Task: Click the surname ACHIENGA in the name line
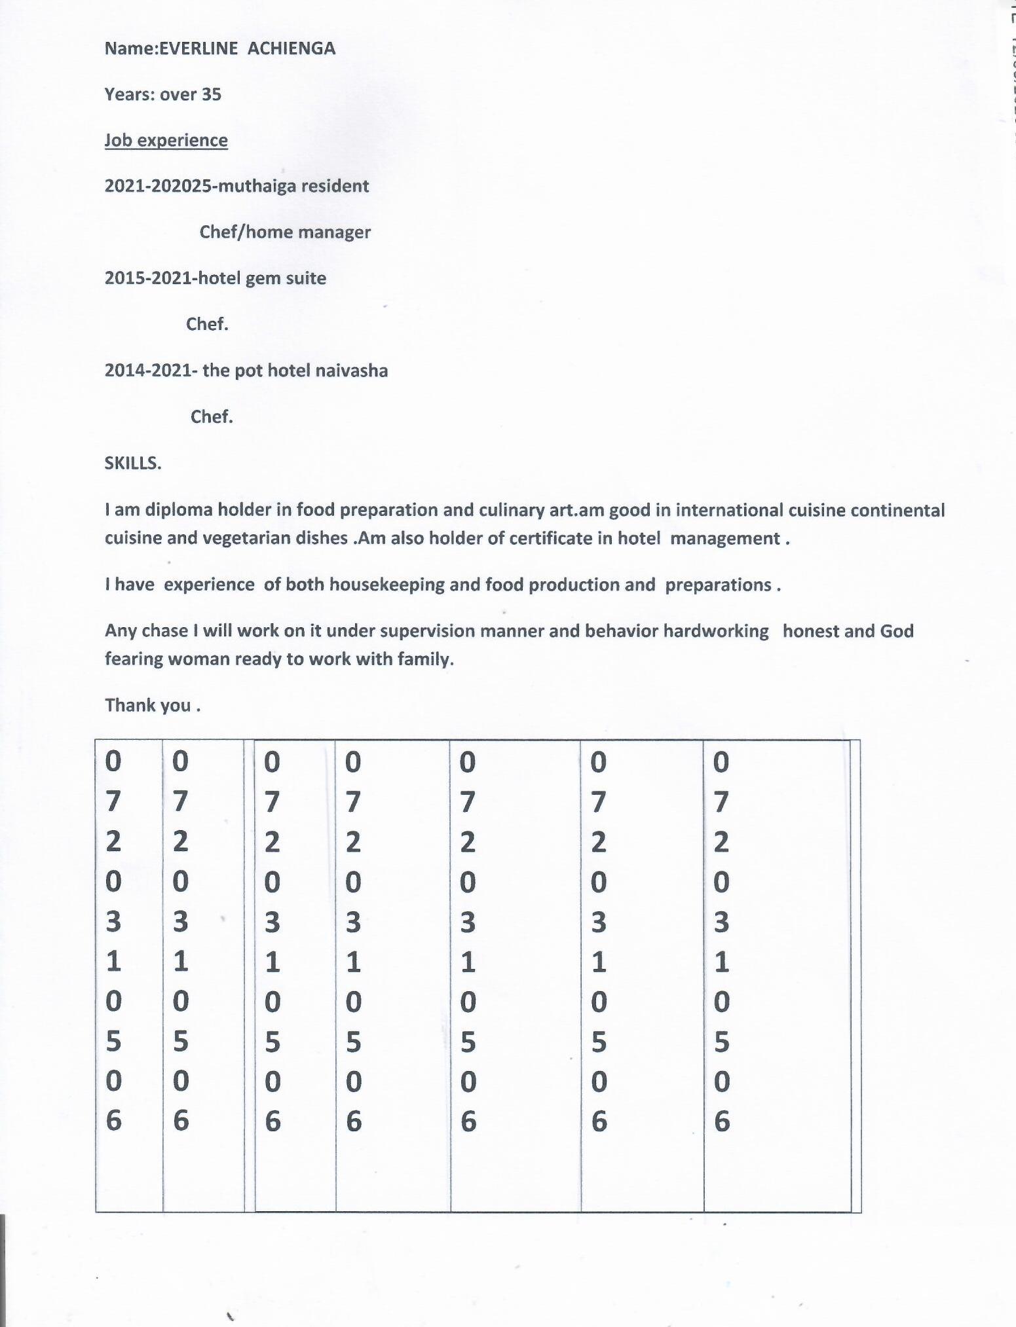click(x=292, y=48)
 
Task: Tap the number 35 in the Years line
click(x=211, y=94)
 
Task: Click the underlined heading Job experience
click(x=166, y=140)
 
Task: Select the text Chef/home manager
click(x=285, y=232)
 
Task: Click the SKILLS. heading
click(x=133, y=463)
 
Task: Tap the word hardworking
click(x=715, y=630)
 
